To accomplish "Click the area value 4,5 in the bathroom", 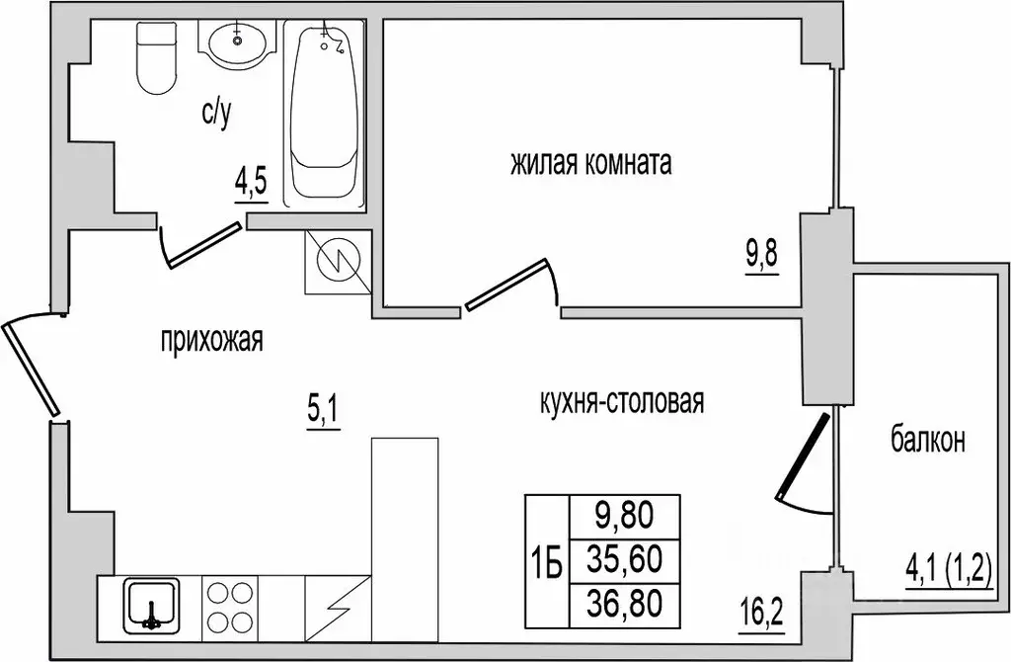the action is click(251, 185).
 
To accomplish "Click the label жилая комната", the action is click(591, 163).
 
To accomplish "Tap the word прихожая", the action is click(212, 340).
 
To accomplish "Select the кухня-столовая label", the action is click(621, 402).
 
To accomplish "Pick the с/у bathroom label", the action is click(216, 115).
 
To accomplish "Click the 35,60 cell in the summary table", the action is click(624, 559).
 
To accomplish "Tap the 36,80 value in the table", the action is click(624, 604).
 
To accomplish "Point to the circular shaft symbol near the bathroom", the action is click(338, 262).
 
